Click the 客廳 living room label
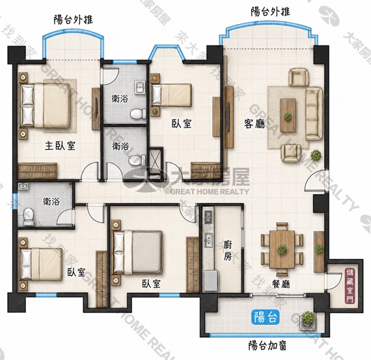click(x=254, y=124)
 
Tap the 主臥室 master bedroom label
click(x=60, y=146)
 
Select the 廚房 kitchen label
click(x=228, y=251)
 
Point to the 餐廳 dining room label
click(x=281, y=284)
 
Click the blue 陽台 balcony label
click(x=266, y=317)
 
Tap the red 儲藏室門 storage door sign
click(x=350, y=286)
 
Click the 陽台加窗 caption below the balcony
click(x=268, y=346)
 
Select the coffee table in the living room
click(x=288, y=115)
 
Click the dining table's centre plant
click(x=282, y=249)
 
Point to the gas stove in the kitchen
click(x=209, y=217)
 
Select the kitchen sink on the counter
click(x=208, y=240)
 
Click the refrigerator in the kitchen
click(x=211, y=281)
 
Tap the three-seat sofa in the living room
click(x=314, y=114)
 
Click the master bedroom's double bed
click(x=46, y=105)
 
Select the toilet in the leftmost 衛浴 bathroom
click(x=29, y=216)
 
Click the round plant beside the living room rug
click(x=316, y=156)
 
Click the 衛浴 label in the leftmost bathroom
click(x=51, y=201)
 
